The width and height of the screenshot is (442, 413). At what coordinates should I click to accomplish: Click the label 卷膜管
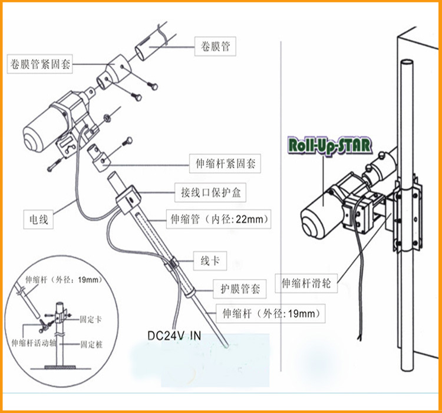point(215,46)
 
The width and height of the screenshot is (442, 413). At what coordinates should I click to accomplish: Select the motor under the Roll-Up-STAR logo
point(321,212)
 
